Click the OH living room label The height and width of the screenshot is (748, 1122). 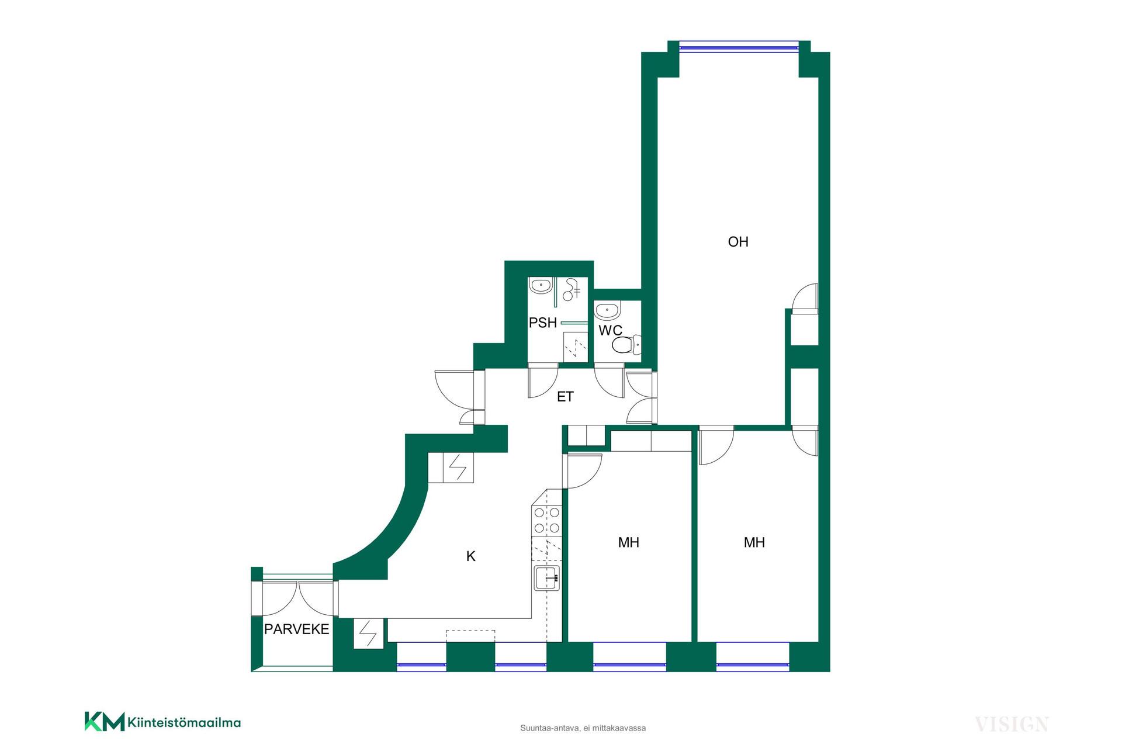click(738, 241)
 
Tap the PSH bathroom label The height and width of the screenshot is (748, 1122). click(542, 323)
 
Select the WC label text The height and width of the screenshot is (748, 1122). click(610, 331)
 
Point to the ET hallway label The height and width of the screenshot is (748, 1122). click(565, 397)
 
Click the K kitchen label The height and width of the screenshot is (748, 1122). click(471, 556)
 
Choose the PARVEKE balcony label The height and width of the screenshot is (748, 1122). click(297, 629)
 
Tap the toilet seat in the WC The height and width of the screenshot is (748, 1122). click(625, 345)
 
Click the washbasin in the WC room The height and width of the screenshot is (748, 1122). click(609, 310)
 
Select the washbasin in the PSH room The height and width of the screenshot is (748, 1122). click(542, 286)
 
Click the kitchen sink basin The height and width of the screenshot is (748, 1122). click(546, 577)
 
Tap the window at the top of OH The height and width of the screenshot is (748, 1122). click(739, 47)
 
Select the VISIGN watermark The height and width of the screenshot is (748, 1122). click(1012, 725)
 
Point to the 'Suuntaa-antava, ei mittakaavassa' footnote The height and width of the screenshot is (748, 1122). click(583, 728)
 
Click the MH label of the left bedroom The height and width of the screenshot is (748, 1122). click(628, 542)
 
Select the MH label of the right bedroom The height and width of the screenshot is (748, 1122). click(754, 542)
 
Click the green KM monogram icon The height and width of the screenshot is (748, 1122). click(105, 721)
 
